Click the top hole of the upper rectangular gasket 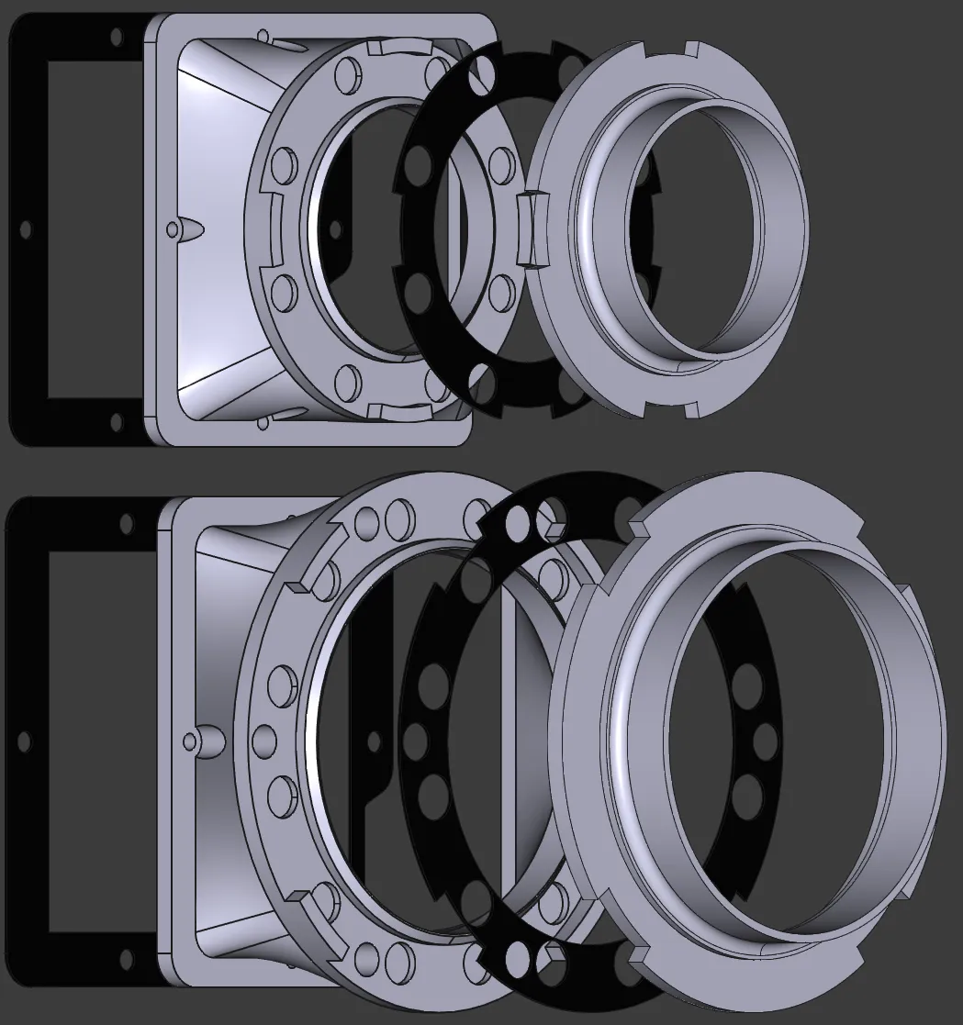tap(116, 38)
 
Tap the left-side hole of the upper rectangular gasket tap(26, 228)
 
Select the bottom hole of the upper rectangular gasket tap(116, 421)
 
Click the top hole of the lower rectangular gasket tap(126, 523)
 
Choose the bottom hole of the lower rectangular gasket tap(126, 961)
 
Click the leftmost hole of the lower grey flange tap(263, 739)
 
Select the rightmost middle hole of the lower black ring tap(764, 738)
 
